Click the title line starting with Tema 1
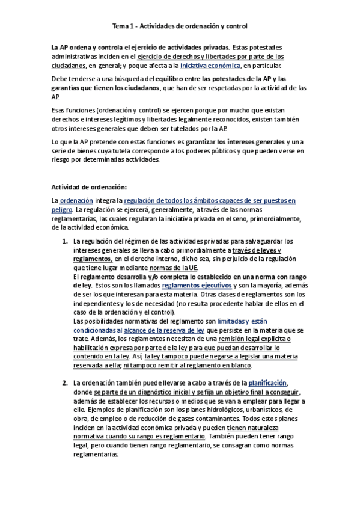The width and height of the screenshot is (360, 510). click(x=180, y=26)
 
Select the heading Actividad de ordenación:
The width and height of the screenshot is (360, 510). click(x=89, y=187)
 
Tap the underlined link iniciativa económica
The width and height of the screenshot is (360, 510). click(x=206, y=66)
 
